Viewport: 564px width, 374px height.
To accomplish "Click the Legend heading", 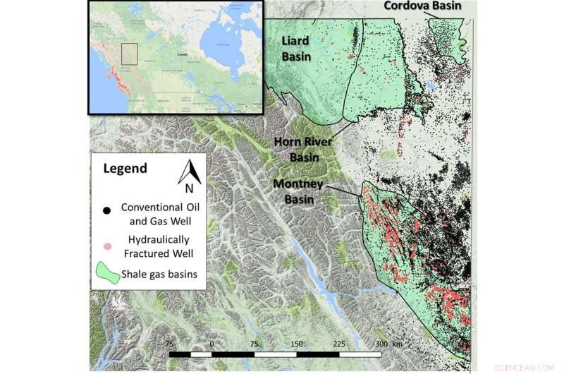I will tap(125, 169).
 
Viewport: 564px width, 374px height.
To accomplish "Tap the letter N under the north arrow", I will tap(188, 188).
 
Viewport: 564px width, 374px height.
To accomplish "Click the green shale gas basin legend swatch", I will tap(106, 275).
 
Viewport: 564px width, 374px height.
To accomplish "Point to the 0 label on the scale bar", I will tap(211, 342).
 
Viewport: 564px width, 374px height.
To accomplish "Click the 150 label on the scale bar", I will tap(296, 342).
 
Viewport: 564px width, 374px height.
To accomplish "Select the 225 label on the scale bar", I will tap(338, 342).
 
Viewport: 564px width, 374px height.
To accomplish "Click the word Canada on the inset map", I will tap(183, 54).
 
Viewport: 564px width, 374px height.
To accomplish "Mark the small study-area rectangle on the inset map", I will tap(128, 55).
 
